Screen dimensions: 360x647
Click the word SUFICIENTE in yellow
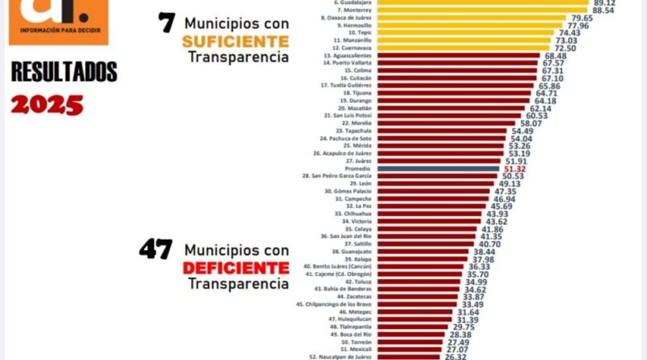(235, 40)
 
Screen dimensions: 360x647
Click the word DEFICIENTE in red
(235, 267)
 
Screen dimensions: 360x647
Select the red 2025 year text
(47, 103)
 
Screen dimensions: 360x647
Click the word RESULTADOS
(64, 73)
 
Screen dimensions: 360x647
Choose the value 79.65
(581, 18)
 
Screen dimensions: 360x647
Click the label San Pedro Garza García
(336, 176)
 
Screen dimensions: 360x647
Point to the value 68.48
(553, 56)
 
